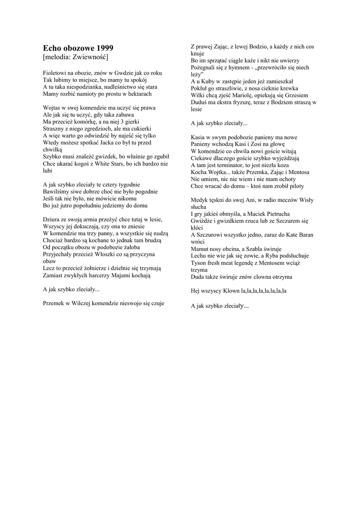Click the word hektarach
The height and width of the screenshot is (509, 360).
coord(135,93)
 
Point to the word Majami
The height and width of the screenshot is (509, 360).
coord(119,274)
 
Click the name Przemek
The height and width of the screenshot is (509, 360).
coord(54,302)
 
